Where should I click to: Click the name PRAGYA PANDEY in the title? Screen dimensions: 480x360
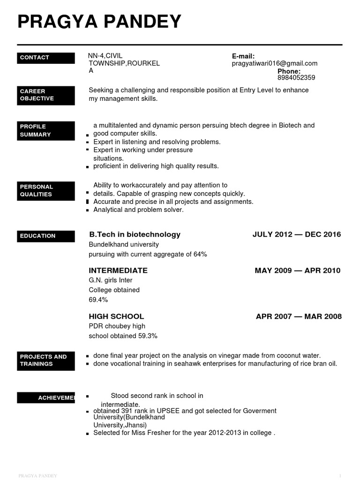(x=99, y=22)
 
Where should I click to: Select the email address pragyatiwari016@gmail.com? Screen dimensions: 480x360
(x=275, y=63)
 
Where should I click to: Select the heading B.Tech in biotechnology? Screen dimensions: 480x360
(x=135, y=234)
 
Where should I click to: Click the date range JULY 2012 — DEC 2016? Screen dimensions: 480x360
(x=297, y=234)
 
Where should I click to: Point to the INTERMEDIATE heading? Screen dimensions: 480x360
(x=118, y=270)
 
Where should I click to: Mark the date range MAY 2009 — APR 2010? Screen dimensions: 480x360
(x=298, y=270)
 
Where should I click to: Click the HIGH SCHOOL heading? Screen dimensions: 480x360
(x=116, y=316)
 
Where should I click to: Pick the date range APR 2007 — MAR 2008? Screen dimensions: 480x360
(x=299, y=316)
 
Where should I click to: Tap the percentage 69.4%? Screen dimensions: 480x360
(x=98, y=300)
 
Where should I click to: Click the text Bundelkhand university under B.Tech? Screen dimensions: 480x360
(x=124, y=245)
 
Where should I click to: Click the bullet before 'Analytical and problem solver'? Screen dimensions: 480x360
(x=88, y=210)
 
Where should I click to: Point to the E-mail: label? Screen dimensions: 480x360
(x=243, y=56)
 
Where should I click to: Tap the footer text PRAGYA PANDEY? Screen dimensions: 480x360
(x=37, y=476)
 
